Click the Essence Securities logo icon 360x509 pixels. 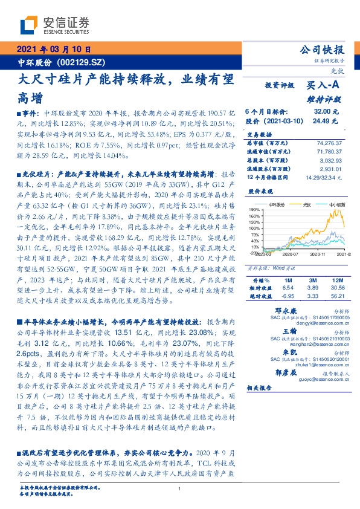[28, 25]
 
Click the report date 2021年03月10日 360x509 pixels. [53, 50]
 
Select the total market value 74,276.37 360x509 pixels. [329, 142]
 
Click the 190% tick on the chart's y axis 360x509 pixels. [252, 209]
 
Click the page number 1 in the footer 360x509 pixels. [179, 488]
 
